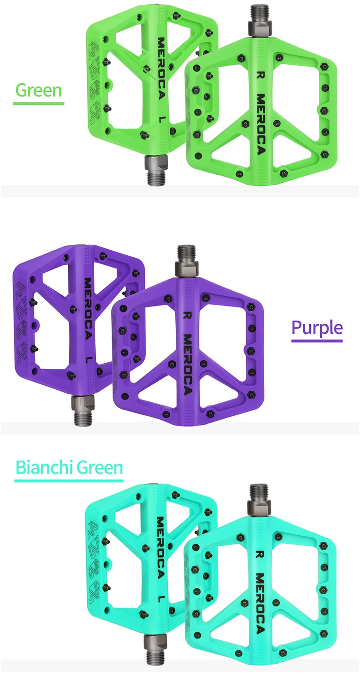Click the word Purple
317,328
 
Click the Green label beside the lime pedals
39,90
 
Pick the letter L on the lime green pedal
162,119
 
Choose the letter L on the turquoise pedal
162,598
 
